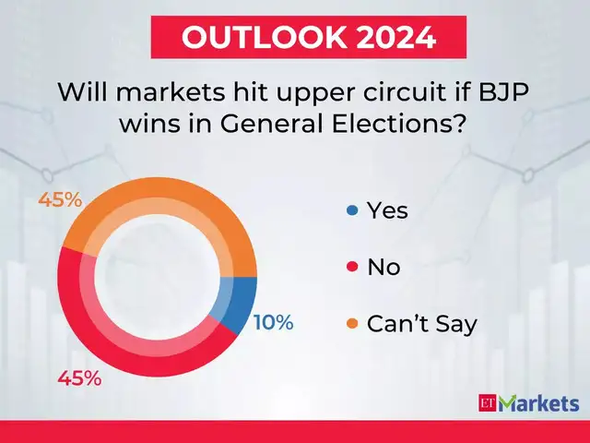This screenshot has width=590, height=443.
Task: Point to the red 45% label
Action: click(79, 378)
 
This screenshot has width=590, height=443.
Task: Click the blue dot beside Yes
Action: click(351, 211)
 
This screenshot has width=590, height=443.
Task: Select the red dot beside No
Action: click(351, 269)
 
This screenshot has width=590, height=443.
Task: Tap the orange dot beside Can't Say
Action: click(351, 325)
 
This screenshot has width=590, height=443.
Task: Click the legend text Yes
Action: click(387, 211)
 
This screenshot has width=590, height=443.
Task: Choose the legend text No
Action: click(383, 269)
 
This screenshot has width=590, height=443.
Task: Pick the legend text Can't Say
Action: click(421, 325)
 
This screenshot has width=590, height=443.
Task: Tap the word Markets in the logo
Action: click(538, 403)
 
